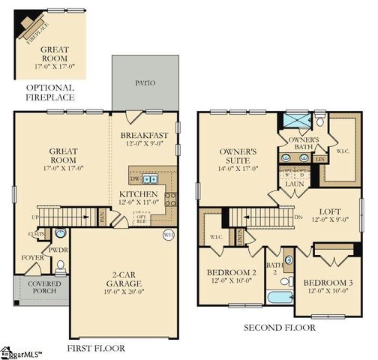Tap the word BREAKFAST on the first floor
(148, 135)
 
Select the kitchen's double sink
(152, 179)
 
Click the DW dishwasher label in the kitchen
(135, 180)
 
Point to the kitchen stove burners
(170, 198)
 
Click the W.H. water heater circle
(168, 235)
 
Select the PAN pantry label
(102, 217)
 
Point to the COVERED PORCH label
(45, 289)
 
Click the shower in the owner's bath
(295, 121)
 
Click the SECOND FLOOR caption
(280, 328)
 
